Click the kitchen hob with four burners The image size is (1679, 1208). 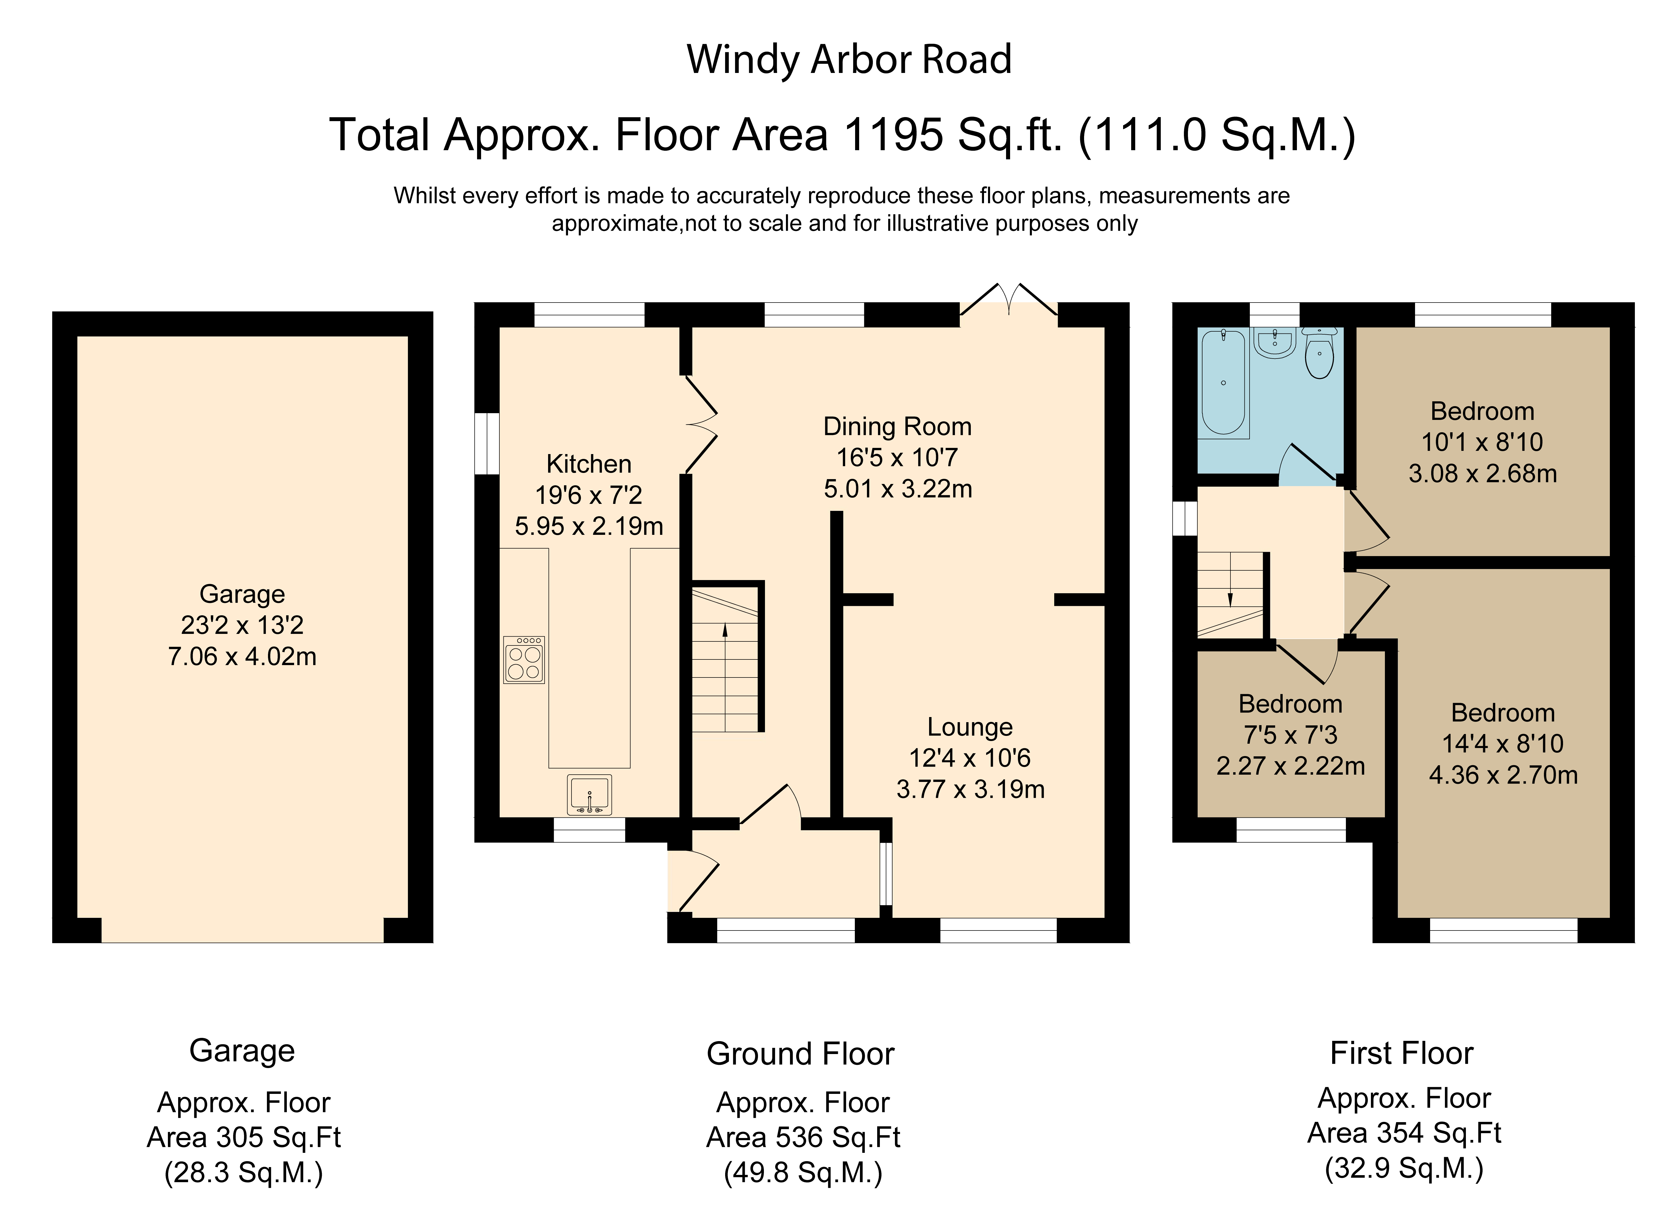[x=524, y=659]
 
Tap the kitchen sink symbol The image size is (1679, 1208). [x=589, y=795]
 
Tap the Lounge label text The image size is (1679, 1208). [x=970, y=727]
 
